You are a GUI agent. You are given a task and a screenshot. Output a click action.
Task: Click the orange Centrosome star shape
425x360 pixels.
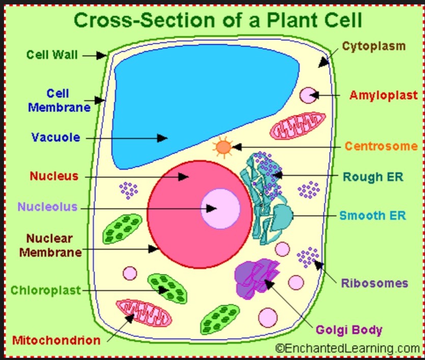(x=223, y=147)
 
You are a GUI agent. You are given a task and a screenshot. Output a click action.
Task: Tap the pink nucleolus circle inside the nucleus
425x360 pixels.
(x=220, y=208)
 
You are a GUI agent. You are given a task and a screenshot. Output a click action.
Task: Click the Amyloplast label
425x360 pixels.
(x=383, y=95)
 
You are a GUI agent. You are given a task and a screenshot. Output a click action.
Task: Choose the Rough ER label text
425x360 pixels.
(x=373, y=177)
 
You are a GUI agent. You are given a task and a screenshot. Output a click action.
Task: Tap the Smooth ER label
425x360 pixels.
(x=373, y=215)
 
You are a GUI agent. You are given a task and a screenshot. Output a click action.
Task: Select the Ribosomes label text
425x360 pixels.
(x=375, y=283)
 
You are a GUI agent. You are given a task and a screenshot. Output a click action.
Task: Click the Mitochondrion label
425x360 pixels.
(x=56, y=340)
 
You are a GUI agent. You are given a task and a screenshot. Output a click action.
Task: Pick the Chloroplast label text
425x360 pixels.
(x=46, y=290)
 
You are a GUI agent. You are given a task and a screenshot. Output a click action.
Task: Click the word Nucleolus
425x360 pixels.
(x=48, y=206)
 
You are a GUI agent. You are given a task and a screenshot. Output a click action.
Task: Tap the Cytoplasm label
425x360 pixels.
(x=374, y=46)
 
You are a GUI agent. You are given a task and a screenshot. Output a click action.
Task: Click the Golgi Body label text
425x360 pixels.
(x=349, y=330)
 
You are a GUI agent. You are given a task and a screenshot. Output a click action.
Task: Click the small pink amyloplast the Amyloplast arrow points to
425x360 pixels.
(x=307, y=95)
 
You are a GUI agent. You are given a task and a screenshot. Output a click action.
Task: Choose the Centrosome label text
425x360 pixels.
(x=381, y=146)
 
